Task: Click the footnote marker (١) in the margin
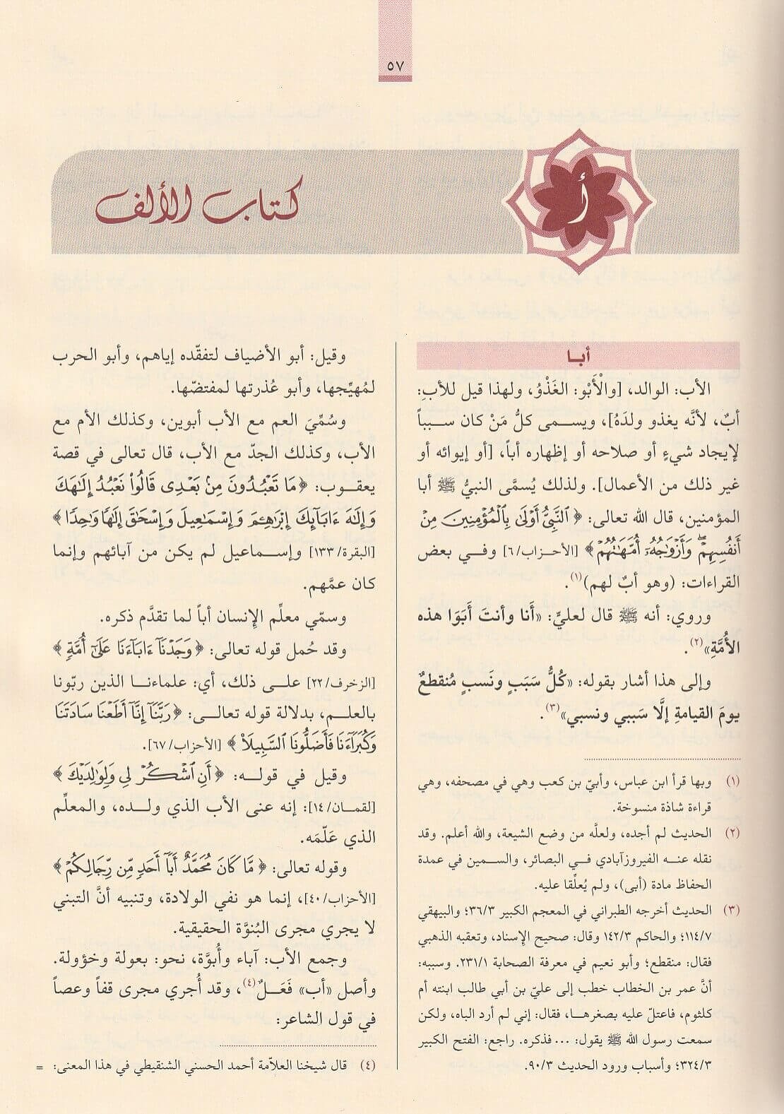tap(732, 782)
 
